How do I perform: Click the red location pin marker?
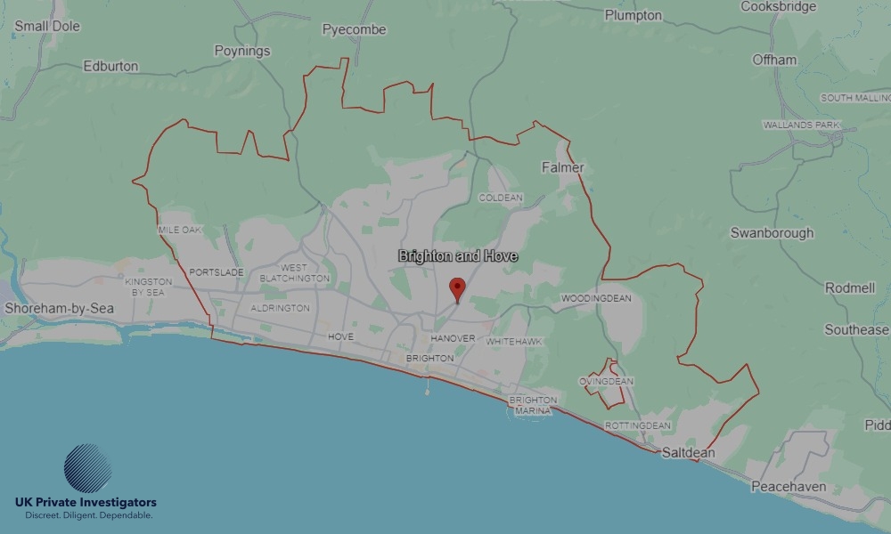click(457, 289)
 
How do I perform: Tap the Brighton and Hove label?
click(458, 256)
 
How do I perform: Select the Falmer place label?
click(562, 167)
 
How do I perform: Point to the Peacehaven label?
click(789, 487)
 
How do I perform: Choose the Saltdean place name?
click(688, 453)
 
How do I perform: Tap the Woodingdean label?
click(596, 298)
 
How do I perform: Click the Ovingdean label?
click(606, 382)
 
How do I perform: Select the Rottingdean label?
click(637, 426)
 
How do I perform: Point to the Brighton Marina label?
click(533, 405)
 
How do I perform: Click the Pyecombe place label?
click(354, 29)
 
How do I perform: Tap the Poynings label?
click(242, 51)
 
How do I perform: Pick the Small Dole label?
click(47, 26)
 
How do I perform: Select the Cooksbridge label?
click(778, 6)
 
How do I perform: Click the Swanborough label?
click(772, 233)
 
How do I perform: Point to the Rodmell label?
click(850, 288)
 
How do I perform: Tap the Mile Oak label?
click(180, 230)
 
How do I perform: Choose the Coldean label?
click(501, 198)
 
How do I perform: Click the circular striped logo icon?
click(87, 468)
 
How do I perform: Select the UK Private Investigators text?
click(86, 503)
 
